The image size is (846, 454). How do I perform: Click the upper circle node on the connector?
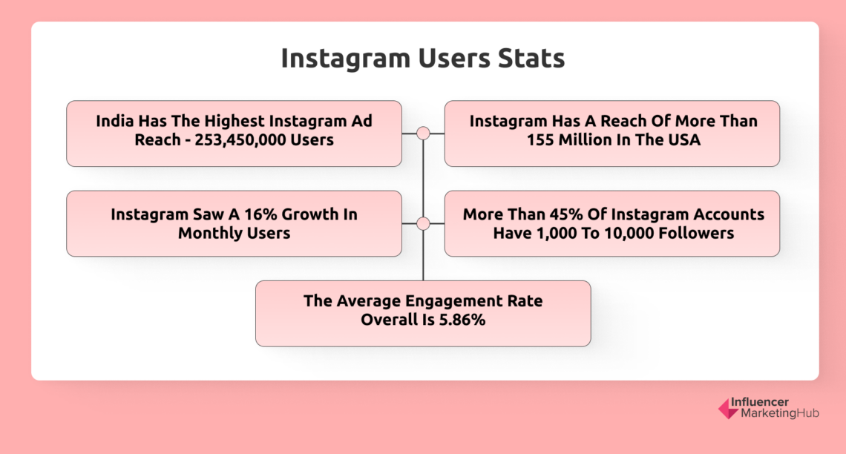point(423,134)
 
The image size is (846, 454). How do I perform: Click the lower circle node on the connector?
point(423,223)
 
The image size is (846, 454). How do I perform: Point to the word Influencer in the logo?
point(760,401)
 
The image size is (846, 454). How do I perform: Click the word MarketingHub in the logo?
point(774,413)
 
